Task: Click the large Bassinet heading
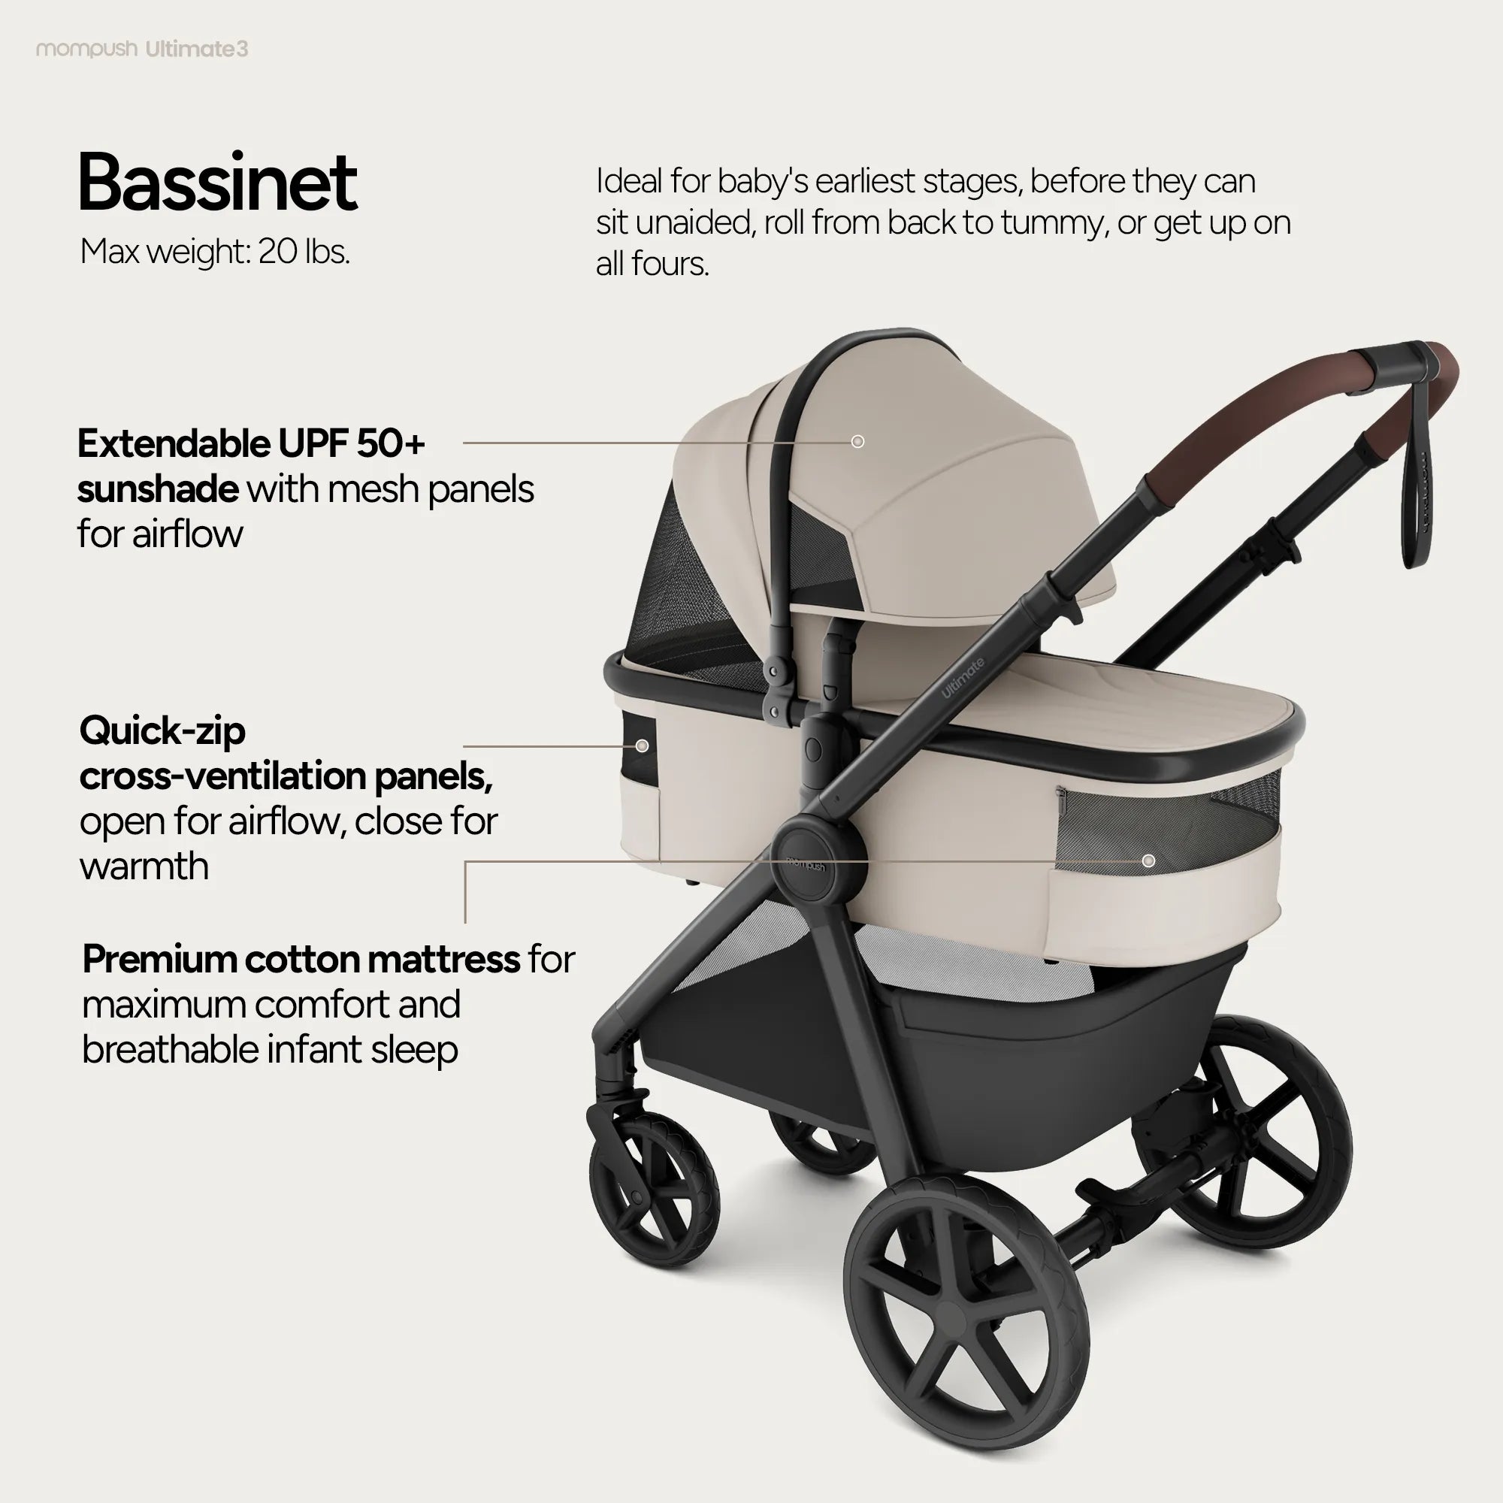(x=218, y=183)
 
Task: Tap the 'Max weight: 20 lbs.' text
(x=215, y=251)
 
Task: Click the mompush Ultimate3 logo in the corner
(x=142, y=49)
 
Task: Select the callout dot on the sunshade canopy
(x=857, y=442)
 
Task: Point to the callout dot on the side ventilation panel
(x=642, y=746)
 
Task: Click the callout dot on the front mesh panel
(x=1148, y=860)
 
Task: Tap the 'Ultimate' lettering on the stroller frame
(x=963, y=678)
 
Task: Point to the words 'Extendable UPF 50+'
(x=251, y=444)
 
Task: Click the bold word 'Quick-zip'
(x=162, y=731)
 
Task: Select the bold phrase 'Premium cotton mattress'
(x=301, y=959)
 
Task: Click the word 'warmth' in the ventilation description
(x=145, y=866)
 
